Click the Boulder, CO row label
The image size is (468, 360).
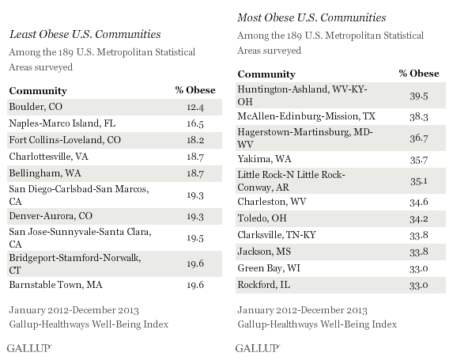(x=36, y=107)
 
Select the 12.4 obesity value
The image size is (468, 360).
(x=195, y=108)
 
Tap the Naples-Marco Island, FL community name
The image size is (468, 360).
(x=62, y=123)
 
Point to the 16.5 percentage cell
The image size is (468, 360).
(x=195, y=123)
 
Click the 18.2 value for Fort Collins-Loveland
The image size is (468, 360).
(x=195, y=140)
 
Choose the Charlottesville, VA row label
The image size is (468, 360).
(x=49, y=157)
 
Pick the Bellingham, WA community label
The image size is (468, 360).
(x=45, y=173)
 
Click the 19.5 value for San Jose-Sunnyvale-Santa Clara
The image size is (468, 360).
(x=195, y=238)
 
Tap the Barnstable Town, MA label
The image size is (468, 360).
(x=56, y=285)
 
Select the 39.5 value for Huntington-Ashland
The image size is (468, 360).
(x=419, y=97)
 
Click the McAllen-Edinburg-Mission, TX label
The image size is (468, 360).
(x=306, y=116)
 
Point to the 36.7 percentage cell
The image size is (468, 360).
(x=419, y=138)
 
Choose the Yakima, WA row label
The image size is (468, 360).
(x=265, y=159)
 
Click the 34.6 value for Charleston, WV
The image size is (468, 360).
(x=419, y=203)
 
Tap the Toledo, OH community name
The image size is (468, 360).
(x=262, y=218)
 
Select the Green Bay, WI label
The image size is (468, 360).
(x=269, y=268)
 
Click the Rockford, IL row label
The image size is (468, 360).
(x=264, y=285)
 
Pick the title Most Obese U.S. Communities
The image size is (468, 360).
(x=311, y=17)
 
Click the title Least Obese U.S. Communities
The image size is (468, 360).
(x=85, y=34)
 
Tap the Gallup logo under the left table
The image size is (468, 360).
(x=29, y=348)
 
